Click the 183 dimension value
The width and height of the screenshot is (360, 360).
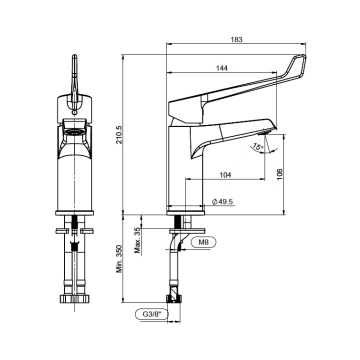pos(236,39)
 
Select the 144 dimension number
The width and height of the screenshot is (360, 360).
pos(222,68)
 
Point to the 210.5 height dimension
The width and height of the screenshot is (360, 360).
pos(119,135)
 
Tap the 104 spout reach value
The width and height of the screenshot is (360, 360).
pos(225,175)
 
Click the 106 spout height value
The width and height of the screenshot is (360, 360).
pos(279,174)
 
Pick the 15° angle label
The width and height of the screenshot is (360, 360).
pos(257,146)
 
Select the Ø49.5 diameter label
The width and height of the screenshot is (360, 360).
pos(222,201)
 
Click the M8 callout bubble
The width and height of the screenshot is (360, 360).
pos(203,242)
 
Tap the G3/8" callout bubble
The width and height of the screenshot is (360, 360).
pos(152,314)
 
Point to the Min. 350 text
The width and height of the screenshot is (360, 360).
pos(119,259)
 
